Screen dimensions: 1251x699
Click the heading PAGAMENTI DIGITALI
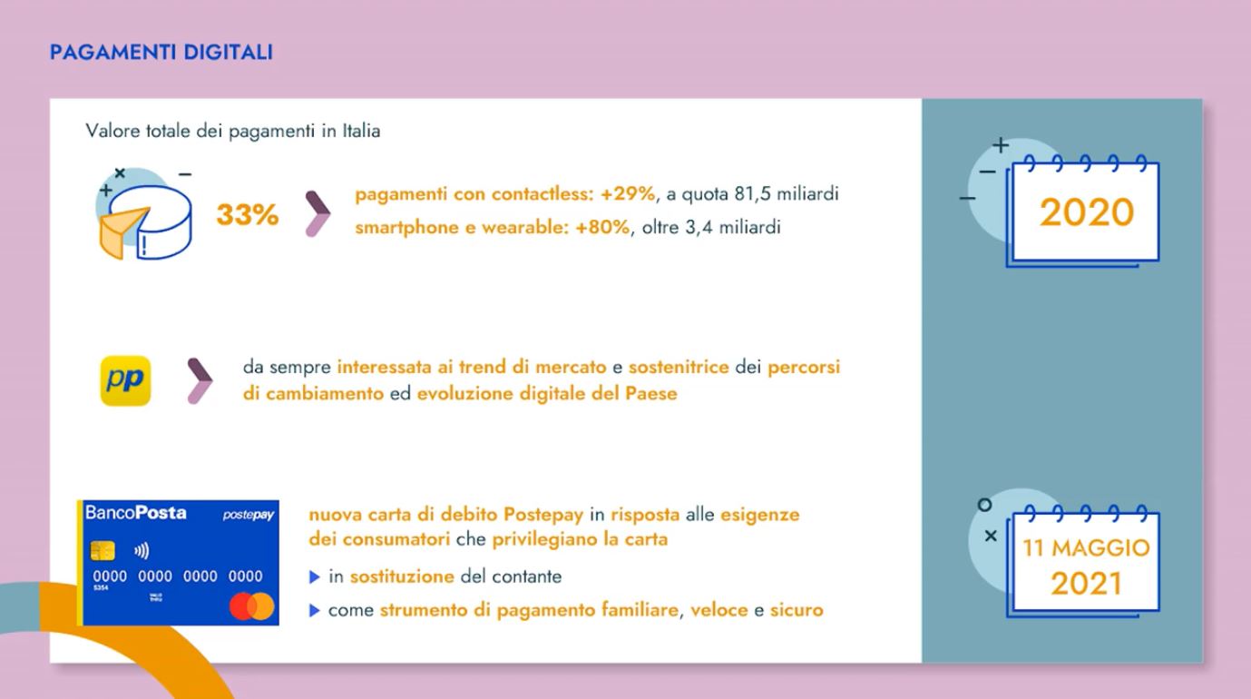coord(161,52)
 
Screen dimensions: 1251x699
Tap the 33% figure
coord(248,214)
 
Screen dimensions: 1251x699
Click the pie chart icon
coord(145,215)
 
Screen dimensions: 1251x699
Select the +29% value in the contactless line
coord(627,194)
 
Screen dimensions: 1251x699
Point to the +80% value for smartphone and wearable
coord(602,228)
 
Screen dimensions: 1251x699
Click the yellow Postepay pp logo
coord(125,380)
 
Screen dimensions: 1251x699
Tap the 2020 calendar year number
coord(1086,212)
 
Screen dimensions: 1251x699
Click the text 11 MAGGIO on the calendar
coord(1086,548)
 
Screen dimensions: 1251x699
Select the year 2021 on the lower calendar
coord(1086,584)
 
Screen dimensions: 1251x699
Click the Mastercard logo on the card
coord(252,606)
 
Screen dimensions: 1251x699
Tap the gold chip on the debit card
coord(103,551)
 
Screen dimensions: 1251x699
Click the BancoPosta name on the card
coord(136,513)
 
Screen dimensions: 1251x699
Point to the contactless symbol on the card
coord(142,552)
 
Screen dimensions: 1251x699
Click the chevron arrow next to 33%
coord(318,214)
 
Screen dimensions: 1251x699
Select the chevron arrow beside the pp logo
coord(200,381)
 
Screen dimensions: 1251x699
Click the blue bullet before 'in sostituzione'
coord(315,577)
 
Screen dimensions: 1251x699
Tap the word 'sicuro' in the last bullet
coord(797,610)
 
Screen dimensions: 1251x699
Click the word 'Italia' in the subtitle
coord(361,131)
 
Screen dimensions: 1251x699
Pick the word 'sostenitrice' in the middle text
coord(679,367)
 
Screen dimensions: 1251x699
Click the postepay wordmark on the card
coord(249,515)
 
